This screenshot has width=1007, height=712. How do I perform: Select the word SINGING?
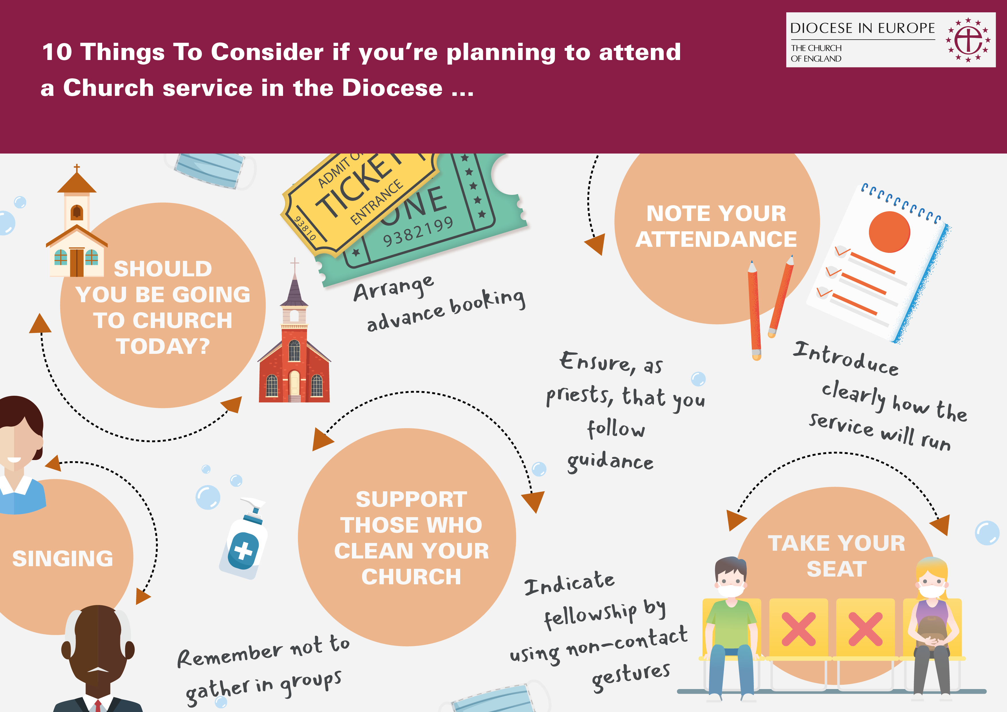[63, 558]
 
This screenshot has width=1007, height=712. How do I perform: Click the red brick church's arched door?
[294, 383]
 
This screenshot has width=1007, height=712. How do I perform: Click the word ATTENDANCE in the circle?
[716, 239]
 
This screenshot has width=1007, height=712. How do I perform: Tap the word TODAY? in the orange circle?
[163, 346]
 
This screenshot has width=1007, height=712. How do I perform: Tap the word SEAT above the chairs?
[836, 569]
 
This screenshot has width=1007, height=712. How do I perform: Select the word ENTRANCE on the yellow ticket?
[377, 202]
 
